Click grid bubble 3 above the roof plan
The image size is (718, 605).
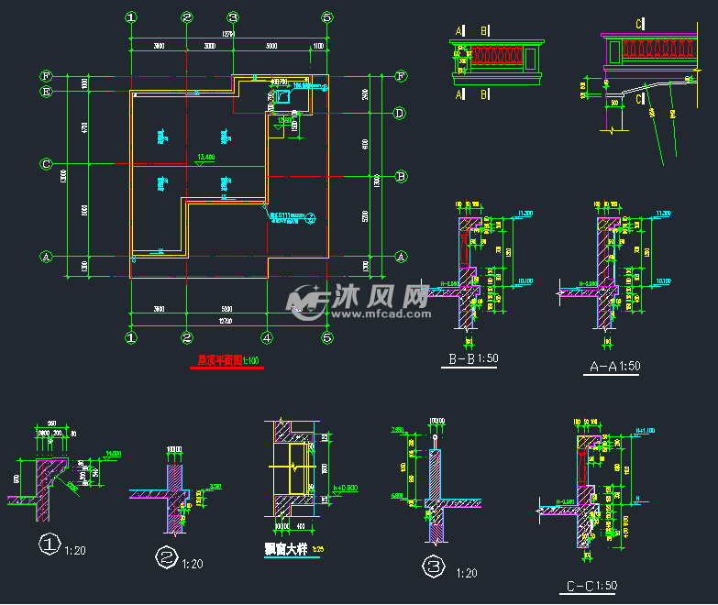pyautogui.click(x=233, y=16)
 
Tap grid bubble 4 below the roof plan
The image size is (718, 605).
pyautogui.click(x=266, y=337)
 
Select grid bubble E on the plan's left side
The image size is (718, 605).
pyautogui.click(x=45, y=92)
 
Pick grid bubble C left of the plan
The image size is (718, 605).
pyautogui.click(x=45, y=164)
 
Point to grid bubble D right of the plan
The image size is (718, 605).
pyautogui.click(x=400, y=114)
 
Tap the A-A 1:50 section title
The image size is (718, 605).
pyautogui.click(x=613, y=366)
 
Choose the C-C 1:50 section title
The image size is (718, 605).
pyautogui.click(x=592, y=584)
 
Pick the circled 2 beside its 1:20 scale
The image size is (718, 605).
pyautogui.click(x=166, y=558)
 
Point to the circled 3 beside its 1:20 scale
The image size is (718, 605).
pyautogui.click(x=432, y=567)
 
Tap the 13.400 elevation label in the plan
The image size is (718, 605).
pyautogui.click(x=205, y=157)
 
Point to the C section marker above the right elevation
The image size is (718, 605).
pyautogui.click(x=639, y=22)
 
